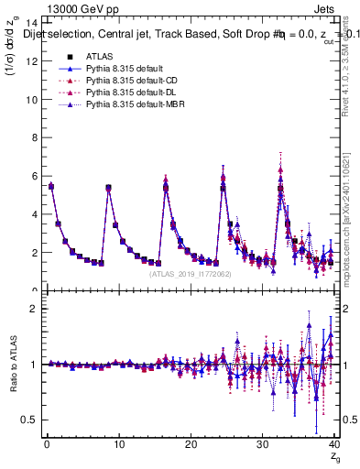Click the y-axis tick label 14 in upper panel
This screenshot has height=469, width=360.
click(x=30, y=23)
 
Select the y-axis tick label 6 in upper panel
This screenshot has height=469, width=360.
click(x=33, y=176)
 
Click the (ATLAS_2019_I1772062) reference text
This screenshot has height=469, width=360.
click(x=190, y=273)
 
